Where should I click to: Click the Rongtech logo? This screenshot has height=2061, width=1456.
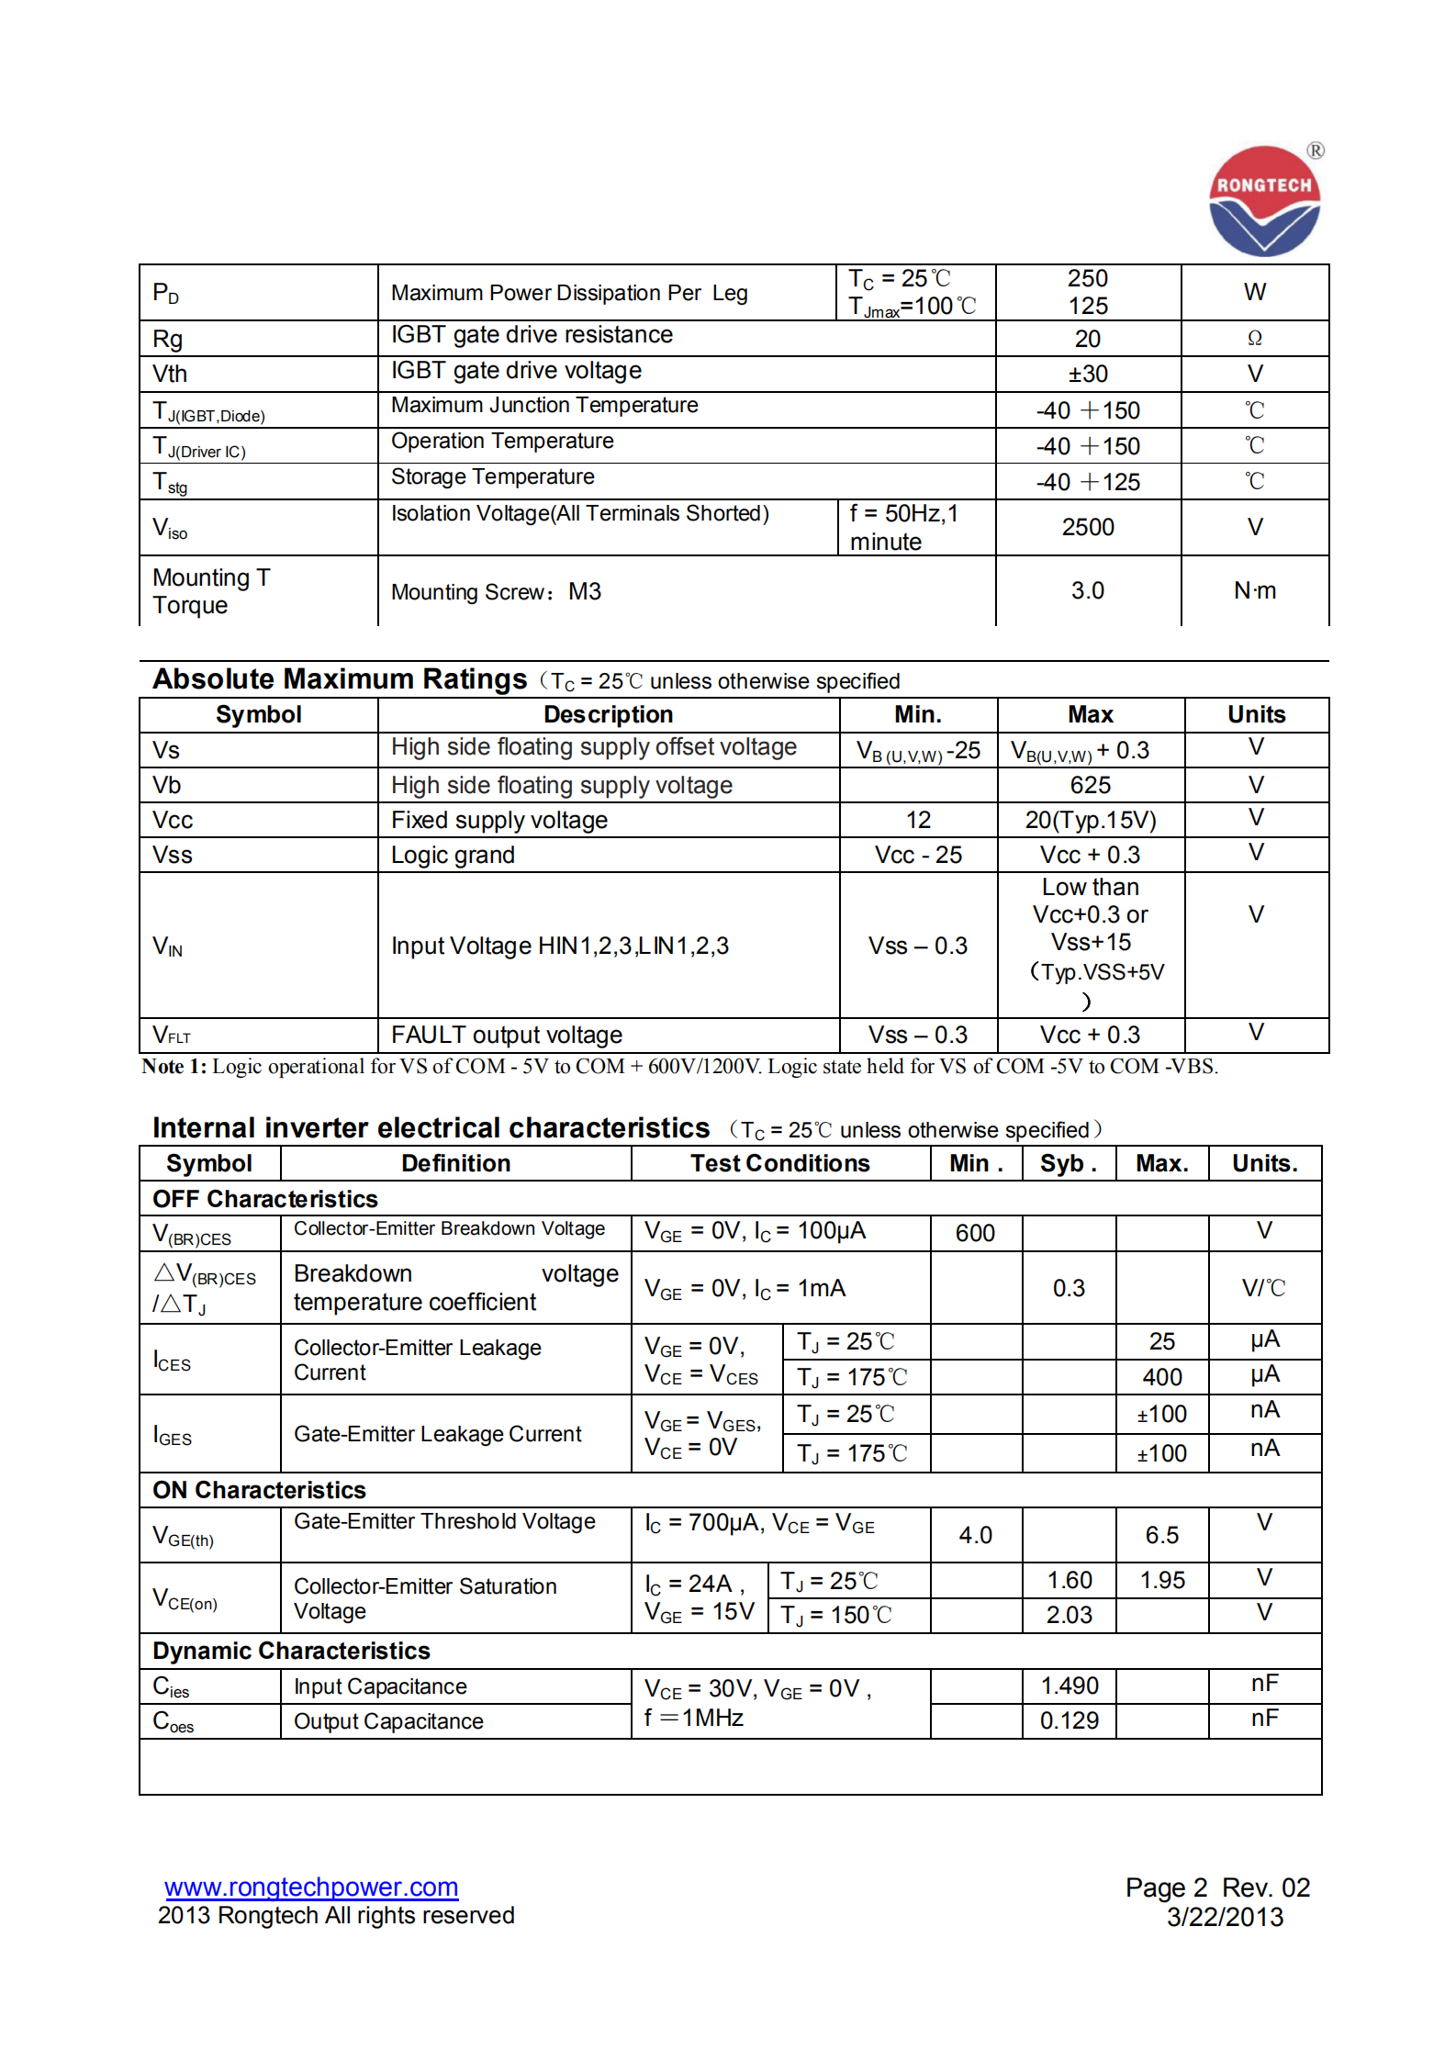click(x=1264, y=201)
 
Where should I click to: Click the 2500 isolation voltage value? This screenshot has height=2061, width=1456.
click(x=1088, y=527)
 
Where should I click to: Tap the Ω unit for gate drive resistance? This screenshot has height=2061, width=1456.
click(x=1254, y=339)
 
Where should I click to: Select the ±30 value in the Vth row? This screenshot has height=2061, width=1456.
click(x=1088, y=375)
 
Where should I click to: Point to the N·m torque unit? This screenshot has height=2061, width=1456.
click(x=1254, y=590)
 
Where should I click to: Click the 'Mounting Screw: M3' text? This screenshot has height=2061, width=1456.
click(x=496, y=592)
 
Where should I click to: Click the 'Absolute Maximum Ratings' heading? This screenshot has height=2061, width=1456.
click(x=340, y=679)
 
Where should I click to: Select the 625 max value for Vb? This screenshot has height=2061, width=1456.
click(x=1090, y=786)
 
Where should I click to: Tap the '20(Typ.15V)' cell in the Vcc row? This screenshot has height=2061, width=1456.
click(x=1090, y=821)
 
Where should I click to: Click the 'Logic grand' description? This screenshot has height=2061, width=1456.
click(x=453, y=856)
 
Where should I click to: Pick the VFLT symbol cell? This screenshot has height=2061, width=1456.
click(x=172, y=1036)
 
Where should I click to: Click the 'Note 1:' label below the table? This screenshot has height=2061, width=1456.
click(x=174, y=1067)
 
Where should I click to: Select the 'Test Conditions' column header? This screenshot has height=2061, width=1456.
click(x=779, y=1164)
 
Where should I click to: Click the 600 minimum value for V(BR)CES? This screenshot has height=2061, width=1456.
click(x=975, y=1233)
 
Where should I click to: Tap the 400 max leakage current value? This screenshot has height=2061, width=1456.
click(x=1161, y=1377)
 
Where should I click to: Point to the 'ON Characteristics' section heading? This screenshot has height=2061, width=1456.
click(x=259, y=1490)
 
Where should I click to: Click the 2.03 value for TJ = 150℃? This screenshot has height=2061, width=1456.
click(x=1069, y=1615)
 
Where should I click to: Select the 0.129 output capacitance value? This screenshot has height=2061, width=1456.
click(x=1069, y=1720)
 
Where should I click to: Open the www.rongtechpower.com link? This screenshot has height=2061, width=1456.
click(x=311, y=1887)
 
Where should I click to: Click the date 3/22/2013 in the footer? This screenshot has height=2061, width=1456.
click(x=1224, y=1917)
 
